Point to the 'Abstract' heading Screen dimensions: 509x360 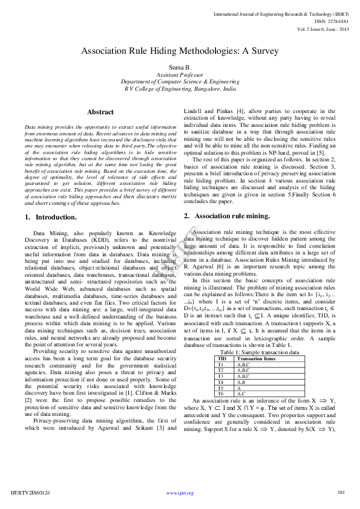point(100,112)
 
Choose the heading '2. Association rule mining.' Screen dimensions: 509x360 point(226,215)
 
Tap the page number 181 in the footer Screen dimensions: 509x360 point(341,493)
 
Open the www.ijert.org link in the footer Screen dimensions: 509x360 point(180,493)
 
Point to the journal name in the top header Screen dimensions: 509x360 point(281,13)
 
